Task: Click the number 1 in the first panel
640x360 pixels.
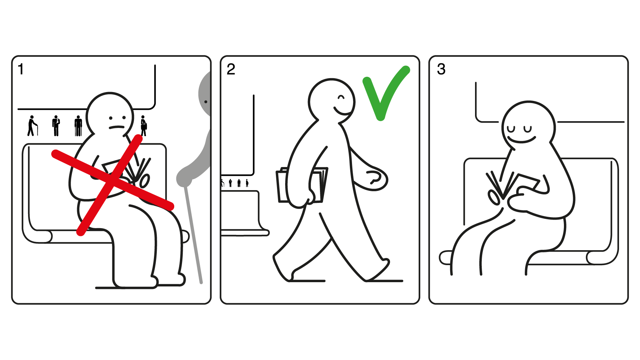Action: point(21,69)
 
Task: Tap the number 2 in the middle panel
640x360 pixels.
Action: point(231,69)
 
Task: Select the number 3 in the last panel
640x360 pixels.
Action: point(441,69)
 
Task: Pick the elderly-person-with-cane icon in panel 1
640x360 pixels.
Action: point(32,126)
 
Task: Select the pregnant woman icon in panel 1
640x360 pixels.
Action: point(143,126)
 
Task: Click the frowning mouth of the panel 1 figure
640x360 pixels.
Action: point(117,127)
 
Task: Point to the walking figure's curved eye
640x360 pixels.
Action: point(341,97)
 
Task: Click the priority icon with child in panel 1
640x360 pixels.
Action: point(56,126)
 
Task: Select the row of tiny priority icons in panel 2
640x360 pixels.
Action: point(235,183)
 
